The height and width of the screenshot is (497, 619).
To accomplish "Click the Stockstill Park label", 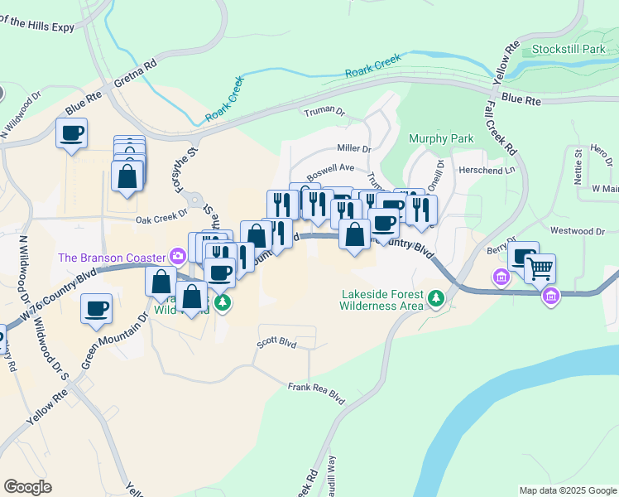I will pos(569,50).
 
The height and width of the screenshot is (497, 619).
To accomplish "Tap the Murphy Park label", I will pos(441,139).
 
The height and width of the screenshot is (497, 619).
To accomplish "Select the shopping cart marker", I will pos(540,268).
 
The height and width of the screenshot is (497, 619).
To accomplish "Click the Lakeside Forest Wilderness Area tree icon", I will pos(435,297).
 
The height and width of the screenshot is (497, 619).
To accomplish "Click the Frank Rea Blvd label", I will pos(315,388).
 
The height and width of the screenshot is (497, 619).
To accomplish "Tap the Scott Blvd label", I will pos(276,340).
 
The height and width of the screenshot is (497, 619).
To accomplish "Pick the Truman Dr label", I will pos(324,110).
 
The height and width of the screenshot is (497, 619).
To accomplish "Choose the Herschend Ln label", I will pos(487,169).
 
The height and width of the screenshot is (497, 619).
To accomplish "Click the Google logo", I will pos(27,487).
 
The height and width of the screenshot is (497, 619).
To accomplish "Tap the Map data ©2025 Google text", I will pos(567,490).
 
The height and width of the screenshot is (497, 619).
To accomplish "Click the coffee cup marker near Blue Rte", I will pos(71,133).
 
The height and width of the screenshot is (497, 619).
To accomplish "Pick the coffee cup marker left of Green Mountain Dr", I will pos(96,308).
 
